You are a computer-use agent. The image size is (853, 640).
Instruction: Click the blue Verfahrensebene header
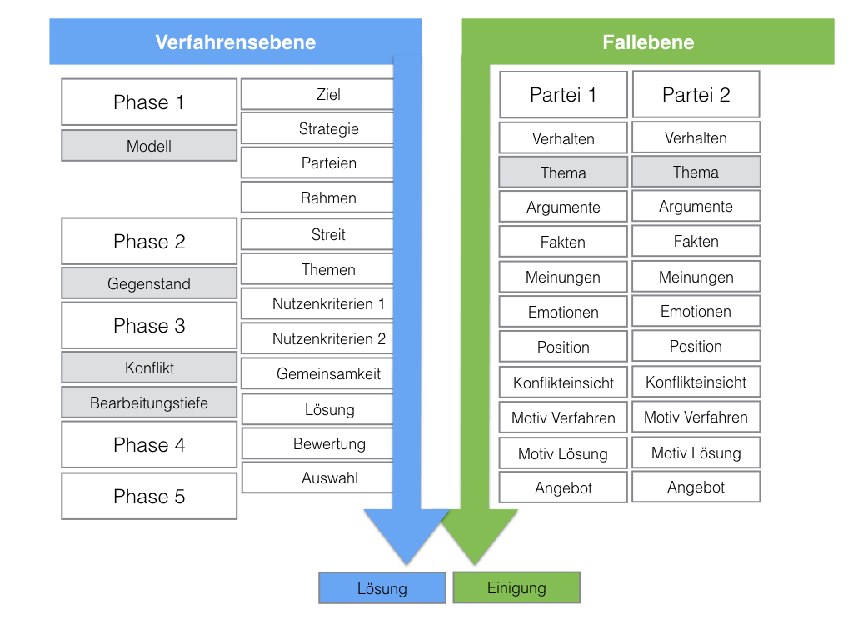click(235, 42)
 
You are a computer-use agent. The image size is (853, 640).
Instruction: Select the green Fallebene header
click(648, 42)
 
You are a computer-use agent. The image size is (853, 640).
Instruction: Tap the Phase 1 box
click(149, 102)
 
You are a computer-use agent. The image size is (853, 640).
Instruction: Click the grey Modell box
click(149, 146)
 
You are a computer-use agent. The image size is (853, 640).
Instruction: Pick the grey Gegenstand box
click(149, 283)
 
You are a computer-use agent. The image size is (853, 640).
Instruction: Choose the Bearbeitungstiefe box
click(149, 402)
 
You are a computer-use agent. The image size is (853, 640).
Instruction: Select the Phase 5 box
click(149, 497)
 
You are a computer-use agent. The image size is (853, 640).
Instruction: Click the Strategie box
click(317, 129)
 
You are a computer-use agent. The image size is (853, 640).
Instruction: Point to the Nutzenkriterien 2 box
click(317, 338)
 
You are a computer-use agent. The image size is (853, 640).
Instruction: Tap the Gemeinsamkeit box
click(317, 374)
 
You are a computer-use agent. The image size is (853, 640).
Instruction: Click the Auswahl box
click(317, 478)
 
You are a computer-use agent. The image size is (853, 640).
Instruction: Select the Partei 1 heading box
click(563, 95)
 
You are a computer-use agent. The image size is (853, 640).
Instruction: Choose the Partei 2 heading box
click(696, 95)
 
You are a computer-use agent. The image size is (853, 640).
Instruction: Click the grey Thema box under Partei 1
click(563, 172)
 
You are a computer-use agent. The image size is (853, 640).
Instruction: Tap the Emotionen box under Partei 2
click(696, 312)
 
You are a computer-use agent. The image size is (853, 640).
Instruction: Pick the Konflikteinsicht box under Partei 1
click(563, 382)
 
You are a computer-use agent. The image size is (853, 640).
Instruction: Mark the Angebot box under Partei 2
click(696, 487)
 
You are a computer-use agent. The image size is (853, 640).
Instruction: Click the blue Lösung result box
click(382, 588)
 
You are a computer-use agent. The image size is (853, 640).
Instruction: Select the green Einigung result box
click(516, 587)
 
